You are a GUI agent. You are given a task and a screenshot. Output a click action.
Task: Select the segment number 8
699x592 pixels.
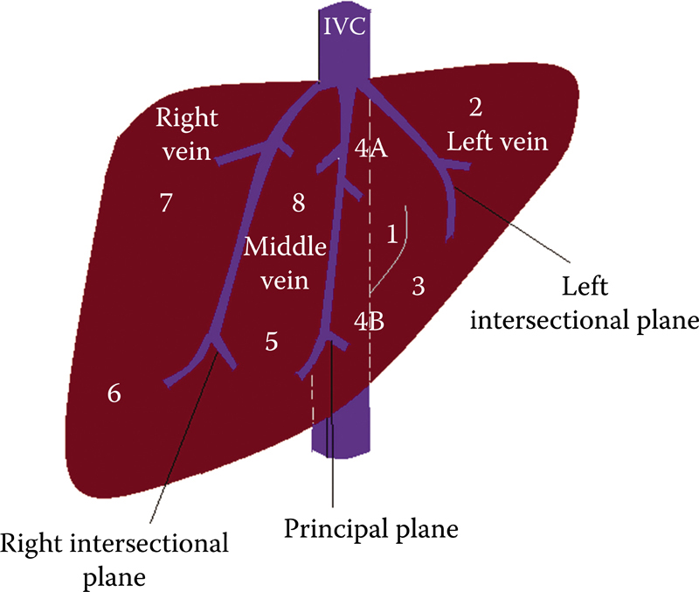pyautogui.click(x=298, y=204)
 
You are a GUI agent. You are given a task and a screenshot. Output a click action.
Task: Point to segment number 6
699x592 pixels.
pyautogui.click(x=114, y=394)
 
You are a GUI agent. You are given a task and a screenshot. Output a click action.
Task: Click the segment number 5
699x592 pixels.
pyautogui.click(x=272, y=342)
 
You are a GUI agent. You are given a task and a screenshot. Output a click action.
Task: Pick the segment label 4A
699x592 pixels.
pyautogui.click(x=371, y=150)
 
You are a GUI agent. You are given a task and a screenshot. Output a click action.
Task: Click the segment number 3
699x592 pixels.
pyautogui.click(x=418, y=285)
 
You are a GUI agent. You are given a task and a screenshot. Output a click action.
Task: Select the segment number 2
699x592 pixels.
pyautogui.click(x=475, y=108)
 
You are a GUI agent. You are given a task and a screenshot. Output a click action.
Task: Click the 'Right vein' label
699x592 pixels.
pyautogui.click(x=186, y=135)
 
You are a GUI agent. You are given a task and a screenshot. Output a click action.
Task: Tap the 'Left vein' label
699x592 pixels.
pyautogui.click(x=497, y=141)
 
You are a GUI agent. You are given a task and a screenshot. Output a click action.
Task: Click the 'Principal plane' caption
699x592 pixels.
pyautogui.click(x=370, y=528)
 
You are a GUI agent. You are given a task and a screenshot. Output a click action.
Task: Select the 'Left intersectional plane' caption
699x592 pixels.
pyautogui.click(x=585, y=304)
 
